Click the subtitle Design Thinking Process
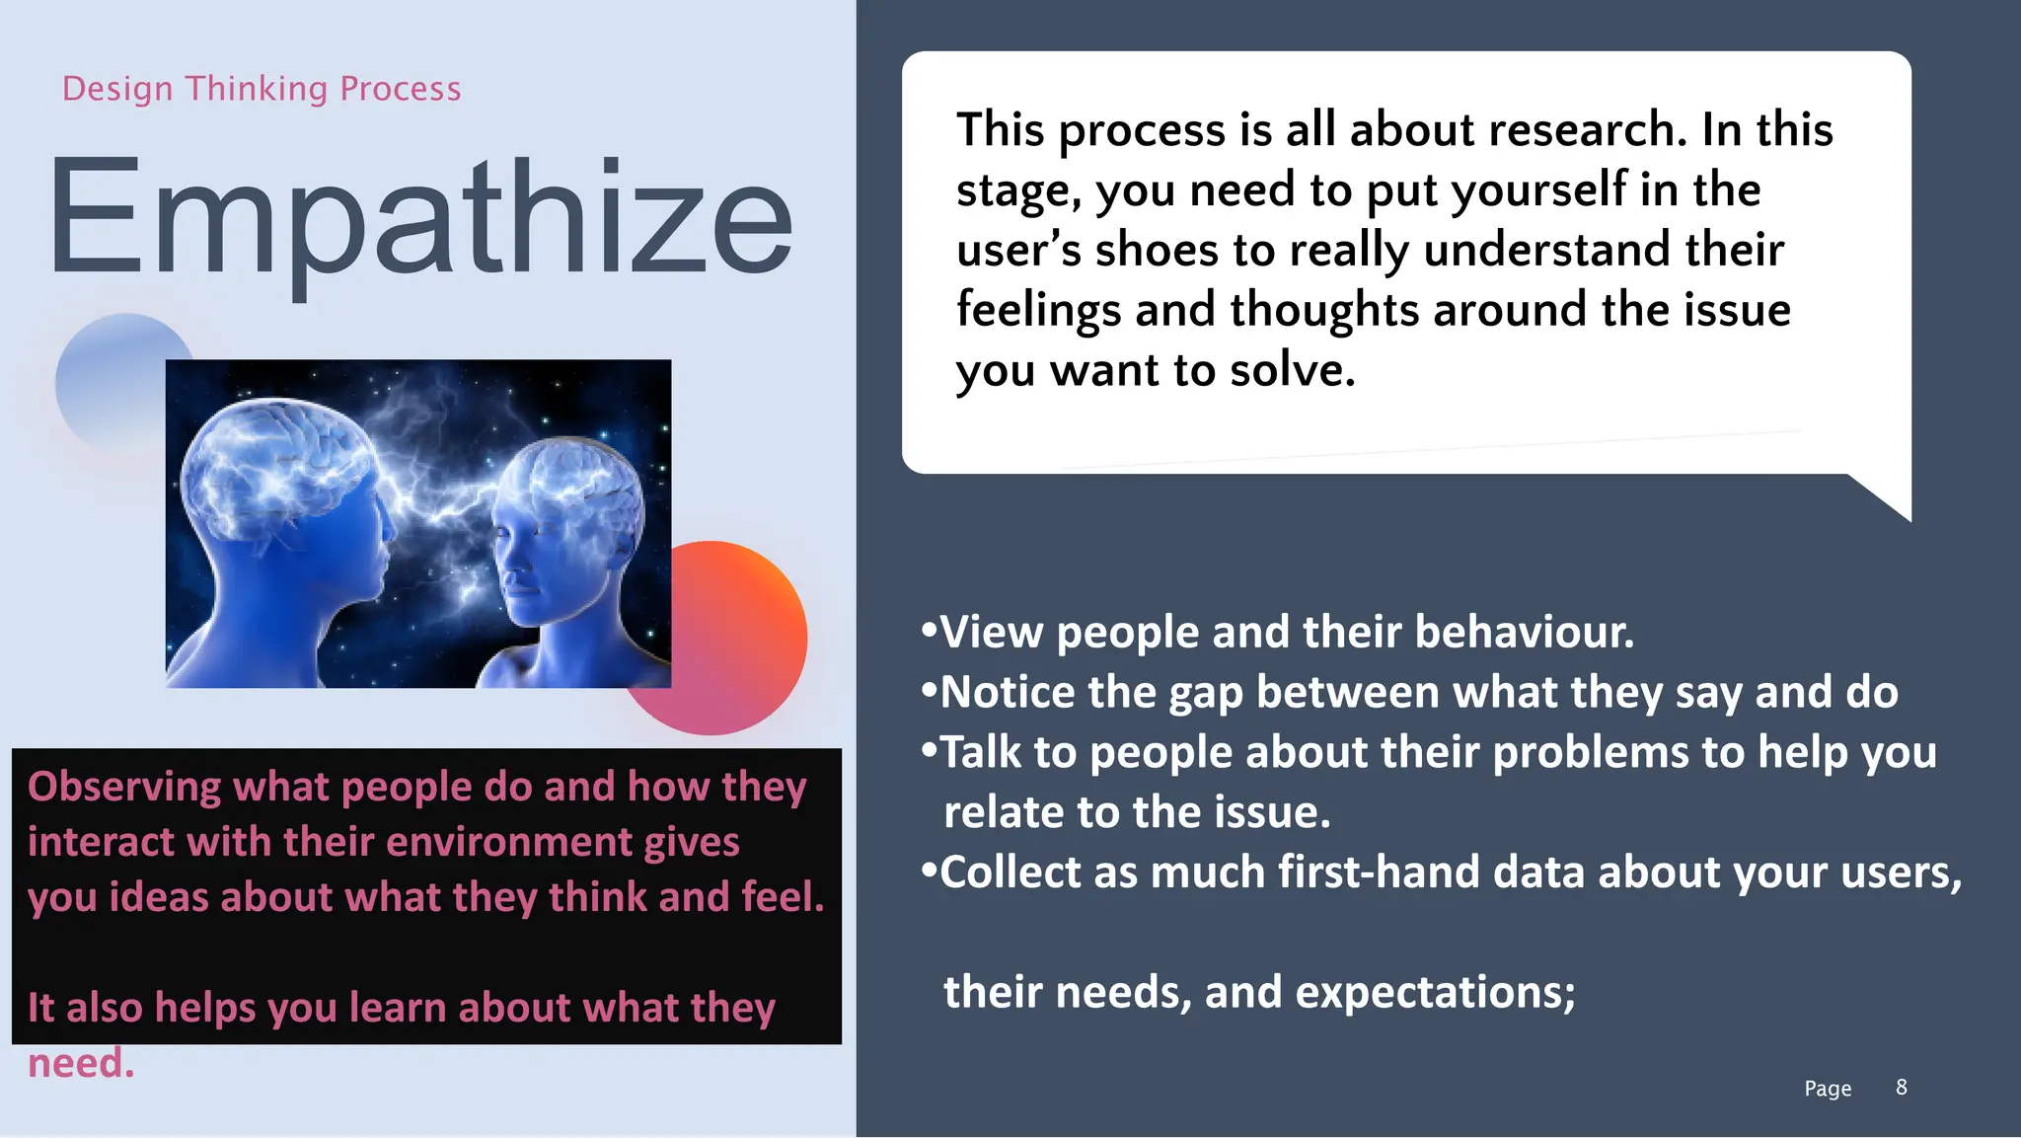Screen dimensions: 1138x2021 tap(262, 89)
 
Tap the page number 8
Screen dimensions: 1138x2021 tap(1901, 1087)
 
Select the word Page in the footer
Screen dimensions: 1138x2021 tap(1828, 1088)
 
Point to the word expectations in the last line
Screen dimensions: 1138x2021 tap(1435, 992)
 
